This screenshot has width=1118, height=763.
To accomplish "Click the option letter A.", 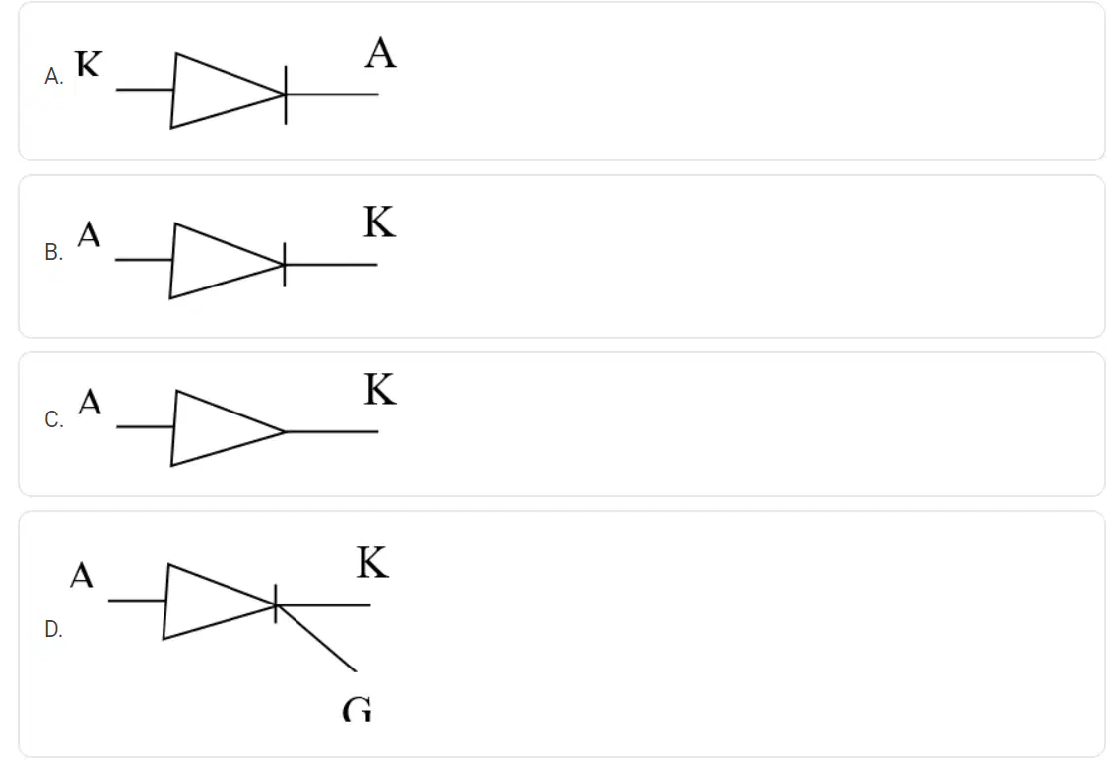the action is tap(53, 76).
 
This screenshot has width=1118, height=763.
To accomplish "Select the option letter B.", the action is tap(53, 252).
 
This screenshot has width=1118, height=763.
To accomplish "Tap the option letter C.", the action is tap(53, 418).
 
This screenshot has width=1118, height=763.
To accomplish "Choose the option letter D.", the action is tap(53, 629).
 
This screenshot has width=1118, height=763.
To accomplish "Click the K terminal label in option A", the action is tap(89, 63).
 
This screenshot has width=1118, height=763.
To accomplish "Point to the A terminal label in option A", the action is tap(381, 53).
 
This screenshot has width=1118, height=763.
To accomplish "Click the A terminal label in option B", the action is tap(89, 234).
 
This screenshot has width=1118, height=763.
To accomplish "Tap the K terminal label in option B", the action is tap(379, 222).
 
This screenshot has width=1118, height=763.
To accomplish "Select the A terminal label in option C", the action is tap(90, 402).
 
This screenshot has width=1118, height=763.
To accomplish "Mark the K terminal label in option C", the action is tap(380, 389).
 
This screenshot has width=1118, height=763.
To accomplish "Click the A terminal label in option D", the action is tap(82, 575).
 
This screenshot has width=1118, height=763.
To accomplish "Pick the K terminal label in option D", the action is tap(373, 563).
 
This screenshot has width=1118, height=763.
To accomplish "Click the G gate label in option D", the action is tap(358, 709).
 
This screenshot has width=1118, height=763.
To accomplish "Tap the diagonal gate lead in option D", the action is tap(316, 638).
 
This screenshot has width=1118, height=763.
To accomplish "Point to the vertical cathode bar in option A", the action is tap(286, 95).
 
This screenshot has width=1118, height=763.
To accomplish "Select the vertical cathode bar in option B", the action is tap(285, 264).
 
